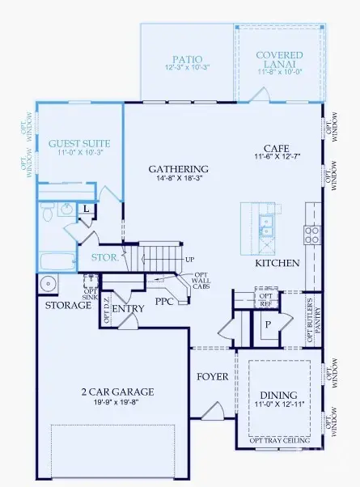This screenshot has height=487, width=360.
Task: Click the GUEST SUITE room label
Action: click(x=79, y=143)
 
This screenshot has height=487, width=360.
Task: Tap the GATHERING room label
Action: click(x=179, y=169)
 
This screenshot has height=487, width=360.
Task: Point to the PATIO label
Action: click(x=186, y=59)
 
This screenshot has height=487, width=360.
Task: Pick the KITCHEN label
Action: click(x=277, y=263)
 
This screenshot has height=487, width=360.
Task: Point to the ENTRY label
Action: click(x=128, y=309)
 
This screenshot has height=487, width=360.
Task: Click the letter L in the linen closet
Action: click(x=87, y=209)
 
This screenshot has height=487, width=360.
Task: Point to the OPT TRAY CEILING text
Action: click(x=277, y=439)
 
